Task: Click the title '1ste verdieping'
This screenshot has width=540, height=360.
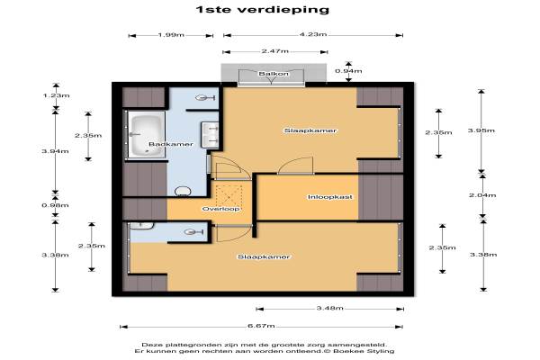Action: click(263, 9)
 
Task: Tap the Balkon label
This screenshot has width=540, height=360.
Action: click(274, 74)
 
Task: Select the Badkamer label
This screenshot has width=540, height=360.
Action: click(171, 144)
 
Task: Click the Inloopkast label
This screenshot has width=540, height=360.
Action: click(330, 197)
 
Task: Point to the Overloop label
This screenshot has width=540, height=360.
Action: click(220, 209)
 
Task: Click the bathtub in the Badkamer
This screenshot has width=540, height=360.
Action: click(146, 135)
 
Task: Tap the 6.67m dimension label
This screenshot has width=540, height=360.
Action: click(261, 326)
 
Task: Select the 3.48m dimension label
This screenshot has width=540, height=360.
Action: click(330, 308)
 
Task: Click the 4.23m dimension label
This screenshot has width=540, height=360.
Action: click(313, 34)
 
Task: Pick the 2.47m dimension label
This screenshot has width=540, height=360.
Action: click(274, 51)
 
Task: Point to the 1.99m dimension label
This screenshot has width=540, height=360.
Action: click(171, 35)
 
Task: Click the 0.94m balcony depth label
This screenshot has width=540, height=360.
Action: click(348, 71)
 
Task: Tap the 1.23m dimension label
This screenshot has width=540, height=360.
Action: click(56, 95)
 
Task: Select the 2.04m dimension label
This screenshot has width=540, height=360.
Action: click(482, 195)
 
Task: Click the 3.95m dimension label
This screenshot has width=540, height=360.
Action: click(481, 130)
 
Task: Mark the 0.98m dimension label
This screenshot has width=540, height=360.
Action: click(55, 205)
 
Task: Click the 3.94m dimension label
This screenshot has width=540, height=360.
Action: click(55, 151)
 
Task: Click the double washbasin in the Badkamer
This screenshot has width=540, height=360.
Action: click(210, 135)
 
